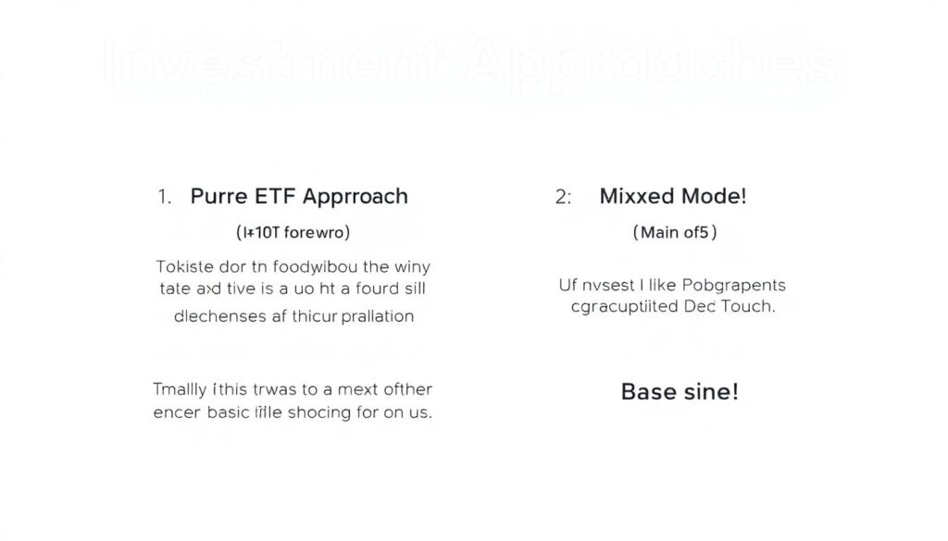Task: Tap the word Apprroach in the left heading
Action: [355, 197]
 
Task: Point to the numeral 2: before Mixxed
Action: [564, 196]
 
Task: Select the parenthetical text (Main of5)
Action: [674, 232]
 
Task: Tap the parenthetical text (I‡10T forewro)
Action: [294, 232]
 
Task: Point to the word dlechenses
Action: [218, 315]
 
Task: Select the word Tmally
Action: [180, 389]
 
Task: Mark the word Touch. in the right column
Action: [747, 307]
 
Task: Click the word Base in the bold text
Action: [649, 391]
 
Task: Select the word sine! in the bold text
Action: [712, 391]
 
